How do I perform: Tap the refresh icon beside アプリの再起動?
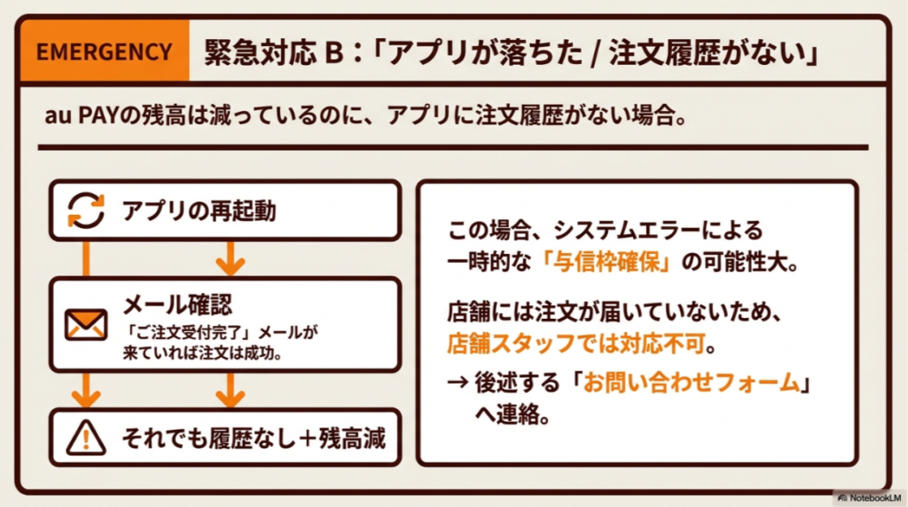point(87,210)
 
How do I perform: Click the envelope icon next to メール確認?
point(87,325)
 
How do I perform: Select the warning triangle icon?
point(87,437)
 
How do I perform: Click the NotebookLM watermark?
point(870,498)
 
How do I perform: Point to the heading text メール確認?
point(177,305)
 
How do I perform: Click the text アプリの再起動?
point(199,211)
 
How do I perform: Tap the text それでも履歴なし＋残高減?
point(253,438)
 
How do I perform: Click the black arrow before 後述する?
point(458,384)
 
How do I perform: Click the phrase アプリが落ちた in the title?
point(487,51)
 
